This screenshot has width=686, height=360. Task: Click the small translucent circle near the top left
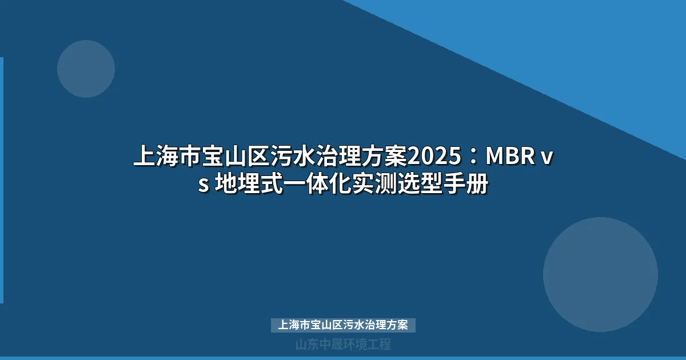[86, 69]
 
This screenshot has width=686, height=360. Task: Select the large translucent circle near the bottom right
[600, 274]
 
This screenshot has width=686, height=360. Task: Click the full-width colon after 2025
[472, 156]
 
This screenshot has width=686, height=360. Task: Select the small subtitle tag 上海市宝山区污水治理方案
[343, 325]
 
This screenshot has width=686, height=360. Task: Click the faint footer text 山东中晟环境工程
[343, 345]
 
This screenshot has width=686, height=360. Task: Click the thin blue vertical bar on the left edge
[2, 180]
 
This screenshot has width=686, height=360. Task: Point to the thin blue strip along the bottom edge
[343, 358]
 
